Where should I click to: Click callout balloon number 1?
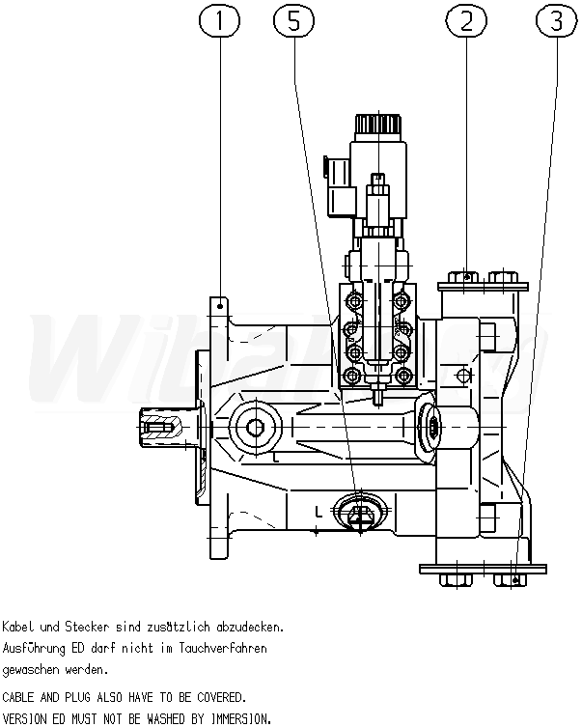coord(219,21)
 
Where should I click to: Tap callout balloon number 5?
coord(293,21)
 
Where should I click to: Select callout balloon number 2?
coord(466,21)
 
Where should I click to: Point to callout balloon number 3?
coord(556,21)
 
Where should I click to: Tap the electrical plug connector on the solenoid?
coord(340,186)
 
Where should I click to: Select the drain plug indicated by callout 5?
coord(360,512)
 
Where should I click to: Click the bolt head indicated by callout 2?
coord(463,277)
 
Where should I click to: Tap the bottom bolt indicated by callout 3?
coord(510,580)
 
